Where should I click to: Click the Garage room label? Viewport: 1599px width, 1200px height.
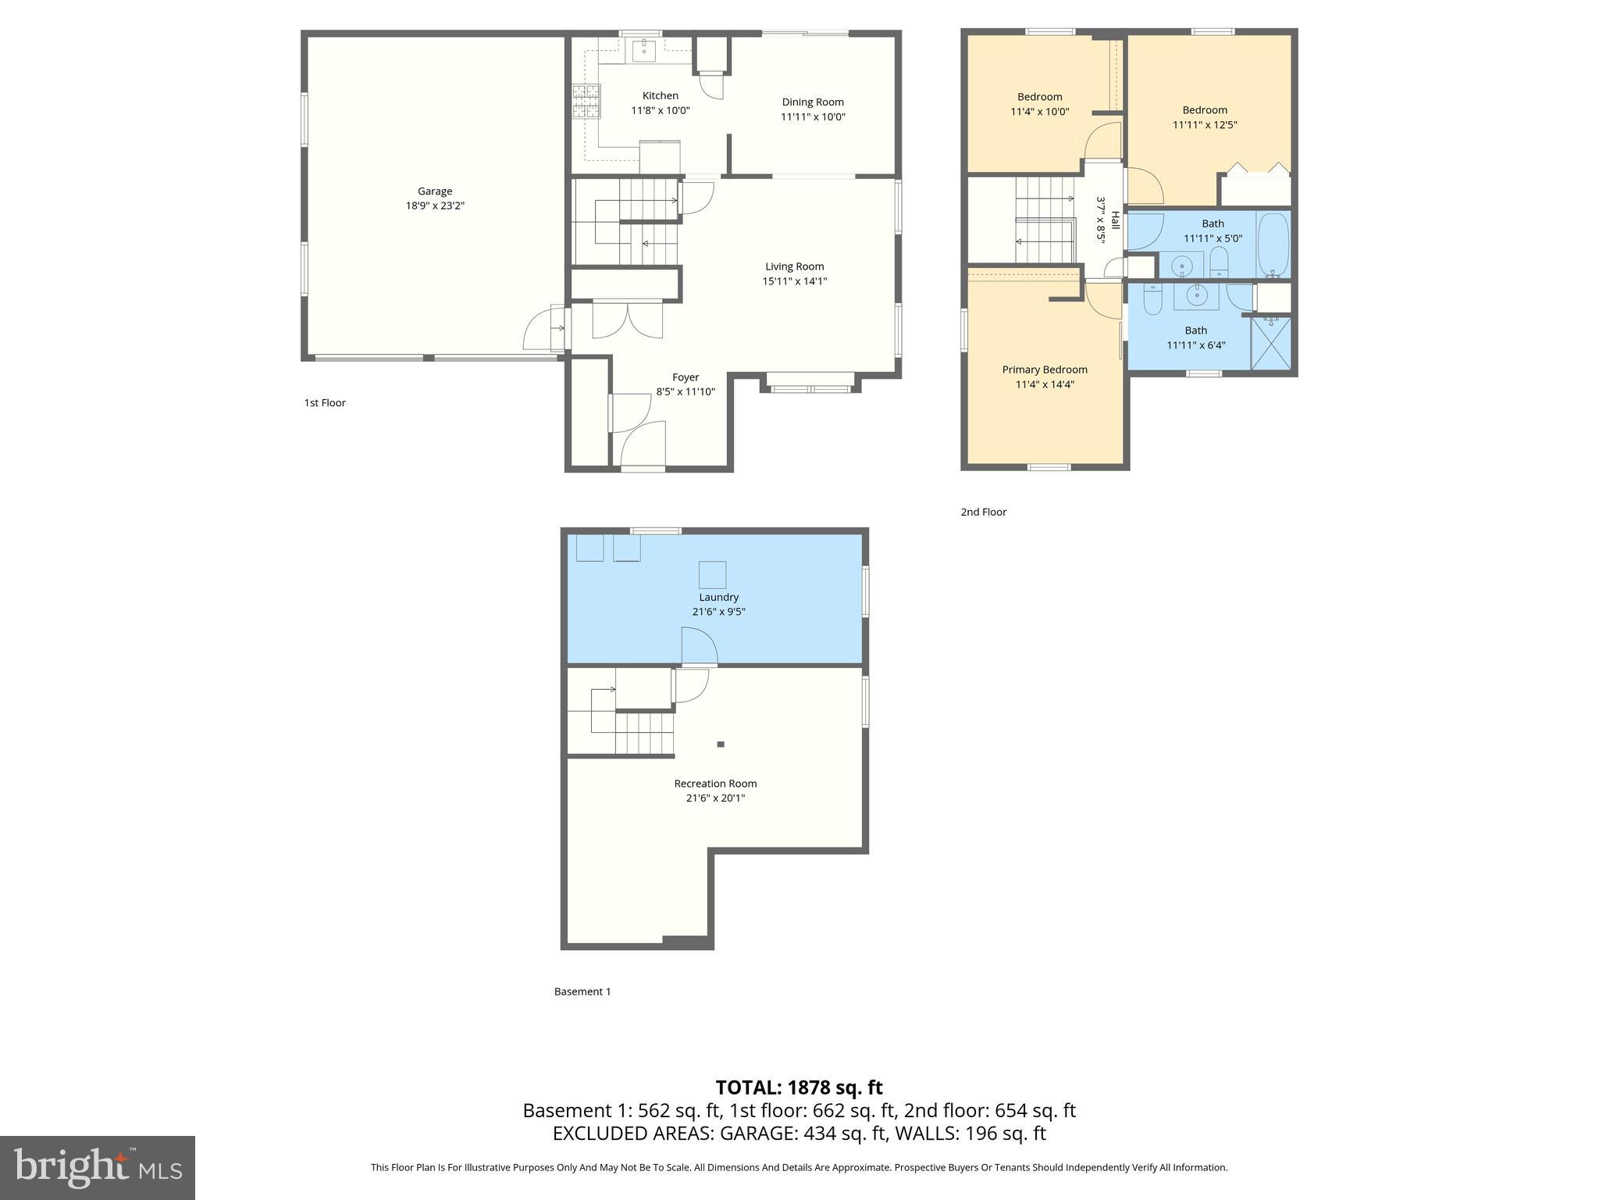[434, 191]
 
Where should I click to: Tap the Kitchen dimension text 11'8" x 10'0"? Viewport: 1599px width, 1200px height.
[660, 110]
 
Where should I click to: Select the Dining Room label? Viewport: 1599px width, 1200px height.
[813, 102]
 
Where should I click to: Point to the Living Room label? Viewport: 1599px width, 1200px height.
[794, 266]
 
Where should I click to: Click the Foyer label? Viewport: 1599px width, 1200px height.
[686, 377]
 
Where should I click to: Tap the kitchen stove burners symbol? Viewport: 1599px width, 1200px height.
[586, 101]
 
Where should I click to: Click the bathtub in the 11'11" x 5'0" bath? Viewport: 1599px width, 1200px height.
[1273, 245]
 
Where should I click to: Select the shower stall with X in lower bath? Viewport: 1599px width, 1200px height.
[1270, 343]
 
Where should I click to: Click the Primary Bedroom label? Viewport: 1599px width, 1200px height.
[1045, 370]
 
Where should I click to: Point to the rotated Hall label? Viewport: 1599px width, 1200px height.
[1115, 221]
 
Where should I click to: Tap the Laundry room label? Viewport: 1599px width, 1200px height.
[718, 597]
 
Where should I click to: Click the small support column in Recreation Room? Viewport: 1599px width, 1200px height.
[721, 745]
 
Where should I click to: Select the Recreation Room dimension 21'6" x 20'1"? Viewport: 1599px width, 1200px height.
[715, 798]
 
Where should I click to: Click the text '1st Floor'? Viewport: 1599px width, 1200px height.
[325, 402]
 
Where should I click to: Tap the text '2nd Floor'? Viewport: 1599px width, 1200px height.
[983, 512]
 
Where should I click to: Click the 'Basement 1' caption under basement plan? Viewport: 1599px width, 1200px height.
[582, 991]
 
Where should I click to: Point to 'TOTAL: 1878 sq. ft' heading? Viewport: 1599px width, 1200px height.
[799, 1087]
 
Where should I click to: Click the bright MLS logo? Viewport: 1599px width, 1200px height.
[98, 1167]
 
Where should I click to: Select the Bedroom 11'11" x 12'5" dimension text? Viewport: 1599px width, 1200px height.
[1204, 124]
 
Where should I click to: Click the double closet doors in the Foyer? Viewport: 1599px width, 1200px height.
[628, 319]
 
